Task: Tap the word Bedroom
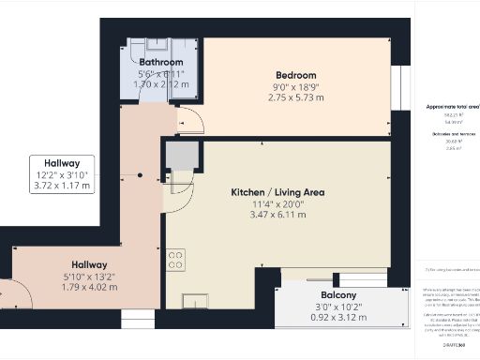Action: [x=295, y=75]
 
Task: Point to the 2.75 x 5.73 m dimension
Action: [x=296, y=97]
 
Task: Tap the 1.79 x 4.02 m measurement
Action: [x=84, y=287]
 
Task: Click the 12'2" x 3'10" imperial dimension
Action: [x=64, y=174]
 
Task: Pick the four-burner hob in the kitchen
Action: [x=176, y=260]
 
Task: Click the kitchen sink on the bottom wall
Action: [x=198, y=301]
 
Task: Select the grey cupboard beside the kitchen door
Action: [x=182, y=155]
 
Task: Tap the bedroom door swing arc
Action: [x=189, y=120]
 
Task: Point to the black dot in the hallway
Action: [x=140, y=175]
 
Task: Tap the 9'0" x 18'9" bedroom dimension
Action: [x=296, y=86]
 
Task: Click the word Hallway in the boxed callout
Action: [x=64, y=162]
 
